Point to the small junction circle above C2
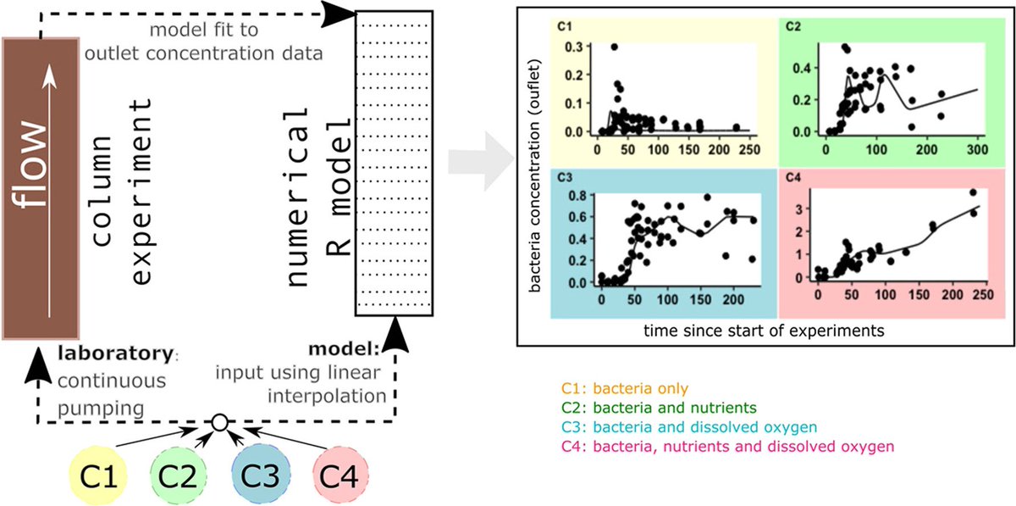tap(219, 421)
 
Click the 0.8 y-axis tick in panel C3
tap(580, 196)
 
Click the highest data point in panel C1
tap(614, 47)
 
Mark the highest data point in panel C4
tap(973, 192)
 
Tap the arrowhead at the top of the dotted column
tap(341, 13)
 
